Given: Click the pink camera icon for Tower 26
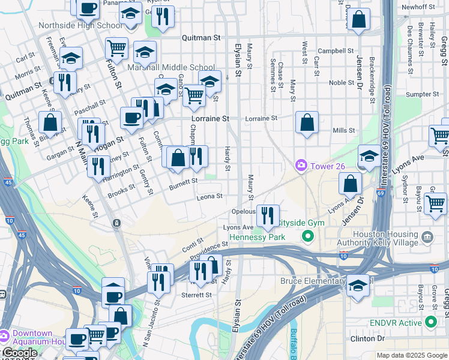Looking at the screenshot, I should coord(300,164).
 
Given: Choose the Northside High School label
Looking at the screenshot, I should coord(80,25).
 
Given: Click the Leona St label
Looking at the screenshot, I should coord(210,196).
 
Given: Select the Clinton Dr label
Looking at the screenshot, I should coord(367,338).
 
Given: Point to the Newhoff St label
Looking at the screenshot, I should coord(418,7).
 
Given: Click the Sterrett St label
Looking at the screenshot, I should coord(196,295).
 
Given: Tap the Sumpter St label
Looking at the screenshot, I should coord(423,94).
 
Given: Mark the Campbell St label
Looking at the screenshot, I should coord(334,51).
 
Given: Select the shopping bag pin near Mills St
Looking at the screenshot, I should coord(307,122).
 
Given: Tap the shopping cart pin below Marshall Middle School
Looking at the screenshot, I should coord(194,95).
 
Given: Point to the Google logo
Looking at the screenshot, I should coord(19,353).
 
